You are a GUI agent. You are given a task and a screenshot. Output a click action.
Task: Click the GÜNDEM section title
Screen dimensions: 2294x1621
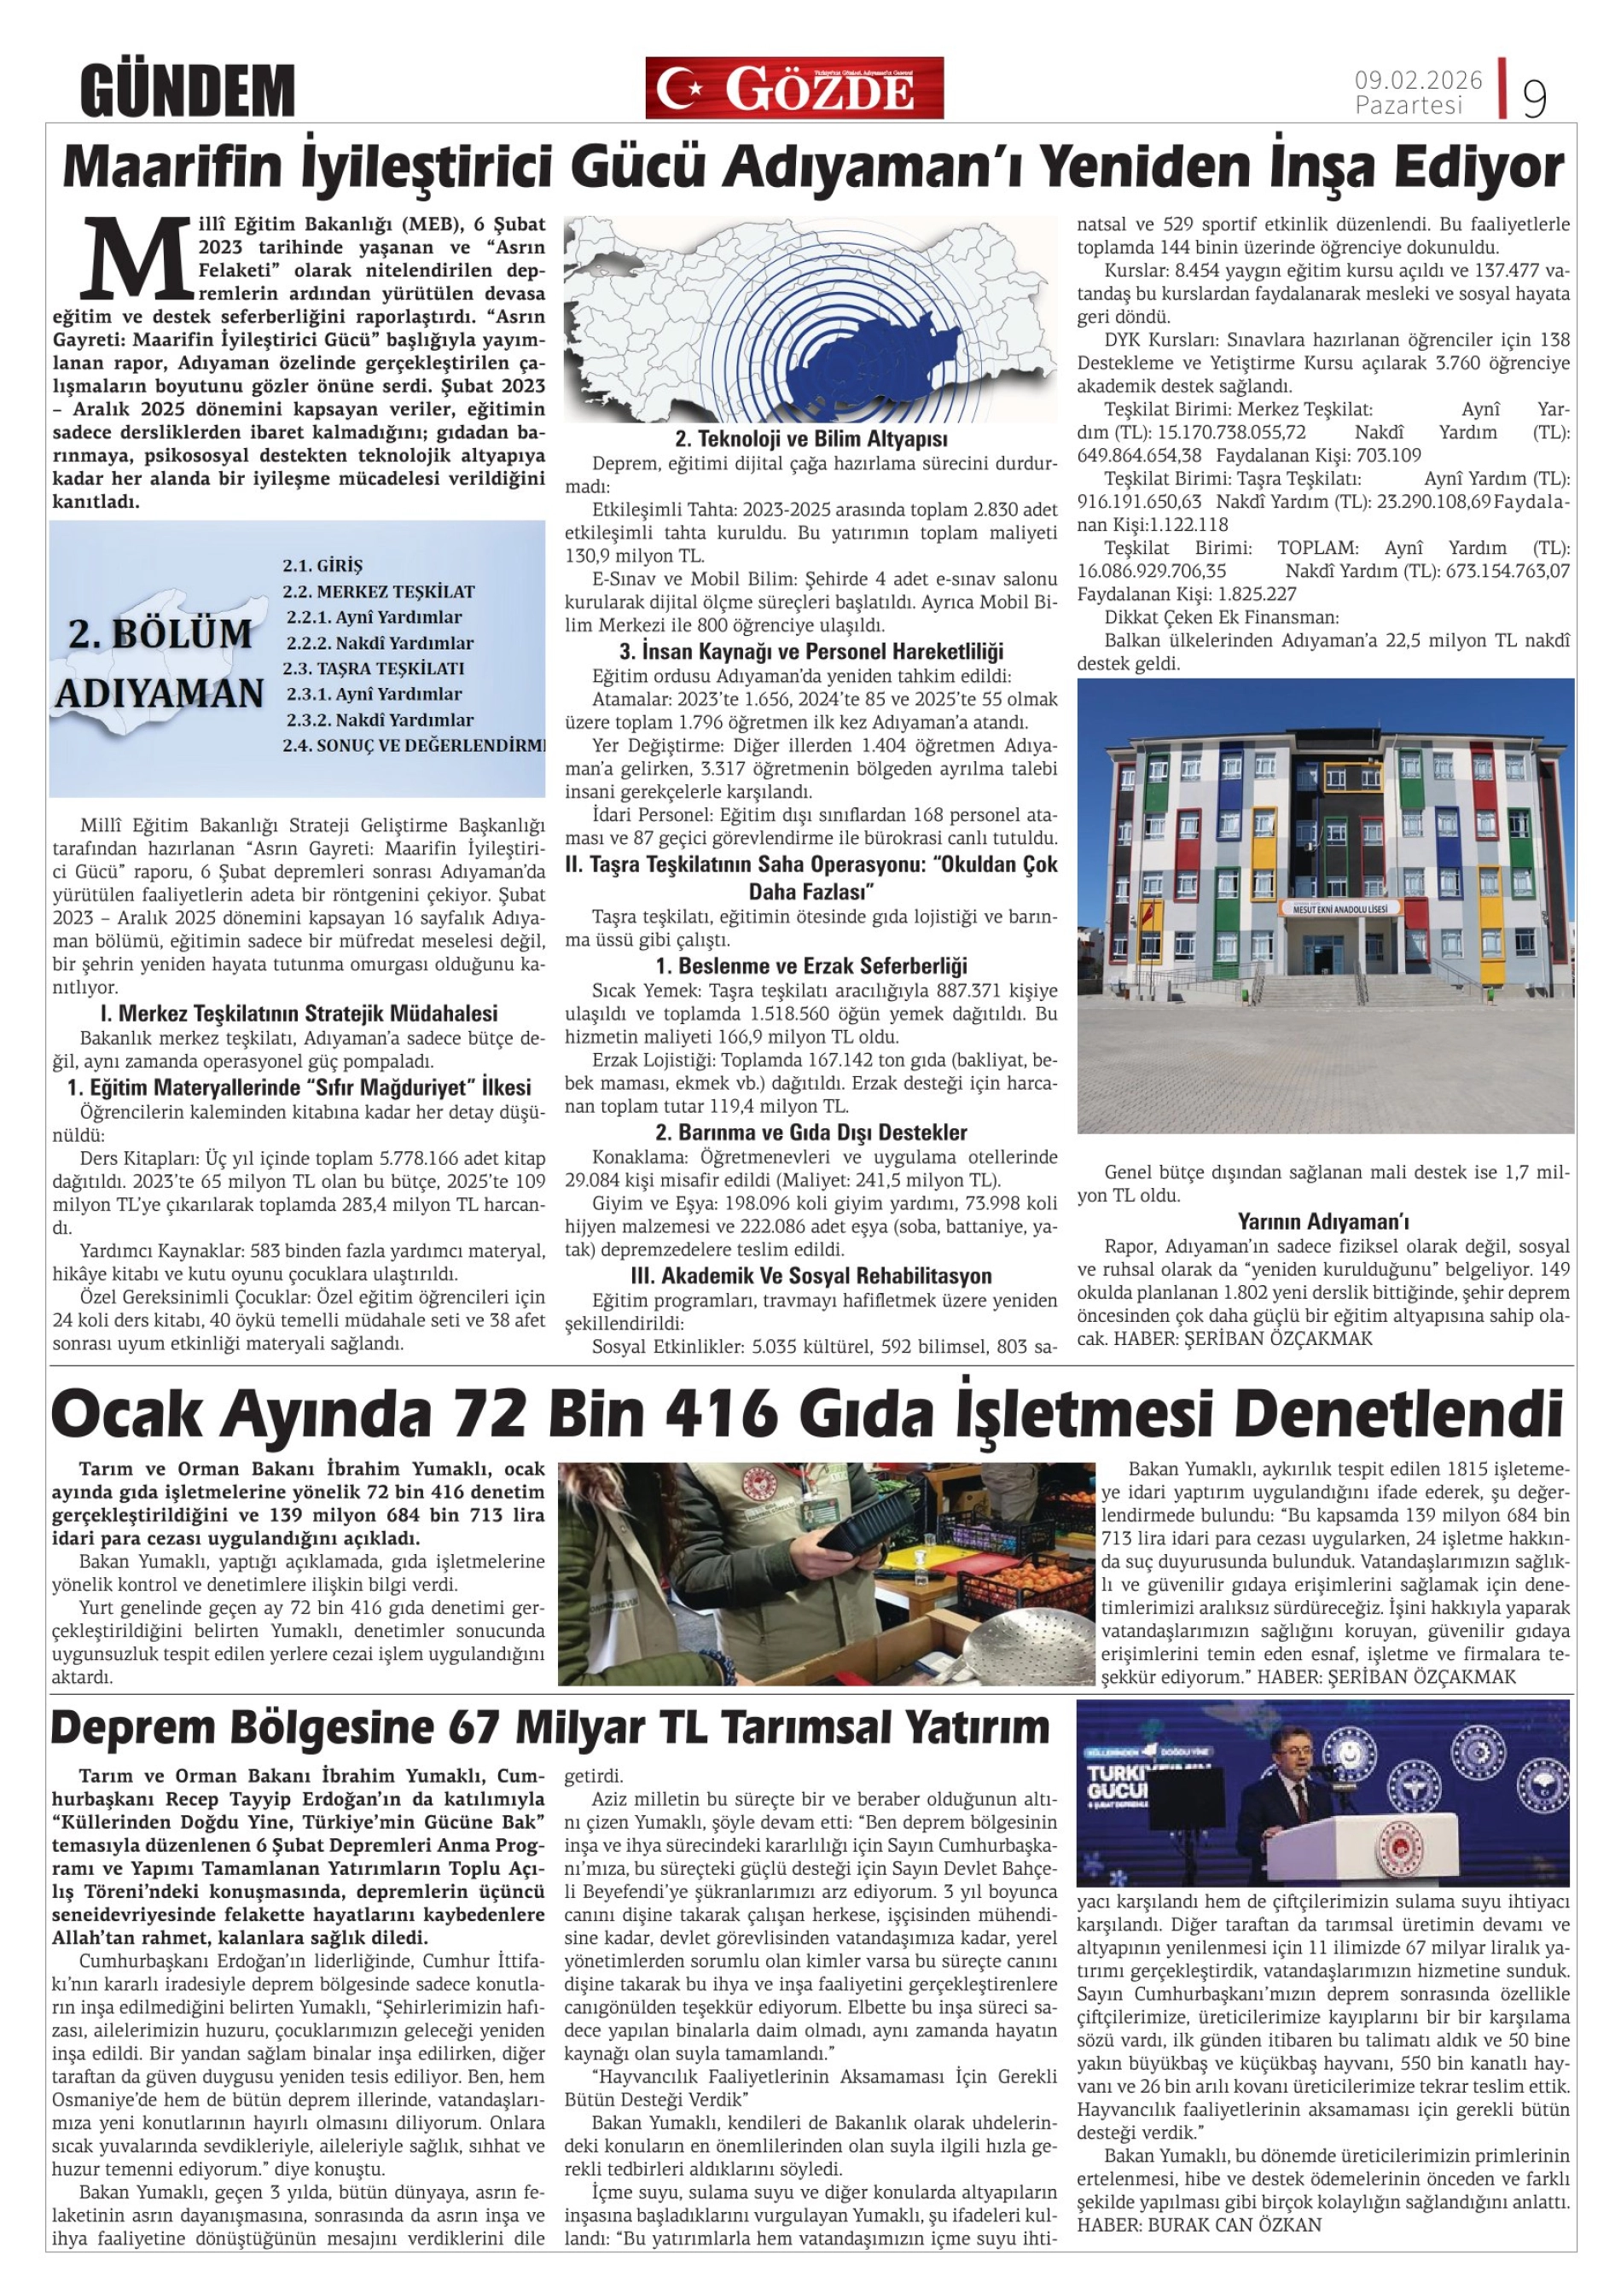click(x=187, y=90)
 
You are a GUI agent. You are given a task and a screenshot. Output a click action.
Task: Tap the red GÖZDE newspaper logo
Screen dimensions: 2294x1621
click(x=794, y=88)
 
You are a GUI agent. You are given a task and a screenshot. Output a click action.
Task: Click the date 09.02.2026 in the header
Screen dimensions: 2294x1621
click(x=1418, y=80)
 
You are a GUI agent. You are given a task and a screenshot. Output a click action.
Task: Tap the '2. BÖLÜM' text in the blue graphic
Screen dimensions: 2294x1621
click(x=160, y=634)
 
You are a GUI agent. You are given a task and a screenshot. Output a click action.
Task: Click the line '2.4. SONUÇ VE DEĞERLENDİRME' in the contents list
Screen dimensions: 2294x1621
click(x=415, y=745)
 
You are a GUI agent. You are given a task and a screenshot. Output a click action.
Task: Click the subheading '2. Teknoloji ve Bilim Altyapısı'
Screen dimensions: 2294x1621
click(x=811, y=439)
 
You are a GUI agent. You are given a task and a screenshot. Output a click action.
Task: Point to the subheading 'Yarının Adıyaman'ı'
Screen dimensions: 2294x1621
click(x=1323, y=1221)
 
